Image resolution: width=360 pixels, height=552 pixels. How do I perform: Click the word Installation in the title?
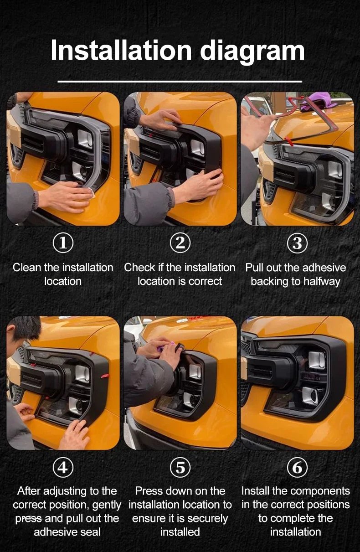121,50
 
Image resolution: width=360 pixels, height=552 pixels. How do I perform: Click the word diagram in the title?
252,52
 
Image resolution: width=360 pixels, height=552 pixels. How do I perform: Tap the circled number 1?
63,243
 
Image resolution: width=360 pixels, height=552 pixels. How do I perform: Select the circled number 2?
180,243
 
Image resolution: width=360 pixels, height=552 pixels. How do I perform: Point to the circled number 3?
297,243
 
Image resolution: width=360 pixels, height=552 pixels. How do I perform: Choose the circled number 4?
63,467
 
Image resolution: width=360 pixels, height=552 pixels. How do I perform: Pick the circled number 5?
180,467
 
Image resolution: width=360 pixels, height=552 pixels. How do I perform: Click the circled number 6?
297,467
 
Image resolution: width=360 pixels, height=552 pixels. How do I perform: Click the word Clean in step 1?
27,268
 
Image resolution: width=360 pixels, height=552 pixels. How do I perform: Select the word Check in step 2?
139,268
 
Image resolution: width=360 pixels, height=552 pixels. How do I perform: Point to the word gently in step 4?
107,505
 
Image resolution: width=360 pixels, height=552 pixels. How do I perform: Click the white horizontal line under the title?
180,81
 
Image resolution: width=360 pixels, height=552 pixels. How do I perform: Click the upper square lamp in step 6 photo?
317,360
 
